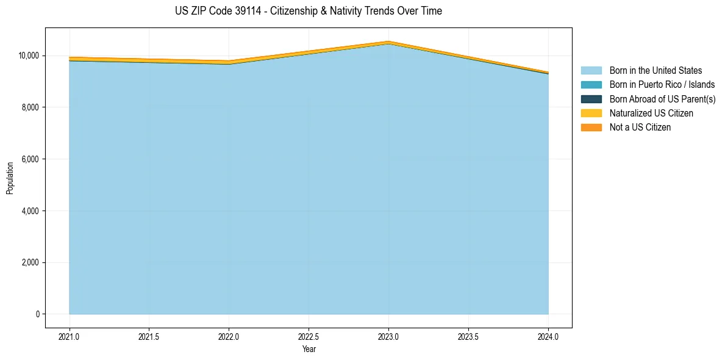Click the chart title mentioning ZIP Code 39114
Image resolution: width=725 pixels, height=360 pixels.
point(308,11)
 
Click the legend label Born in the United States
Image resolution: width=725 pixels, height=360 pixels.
point(655,71)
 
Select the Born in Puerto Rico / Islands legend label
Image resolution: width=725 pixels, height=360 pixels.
point(662,85)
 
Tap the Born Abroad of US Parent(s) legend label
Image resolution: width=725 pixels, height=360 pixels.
point(662,99)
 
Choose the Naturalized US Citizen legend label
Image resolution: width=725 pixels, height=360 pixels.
point(651,113)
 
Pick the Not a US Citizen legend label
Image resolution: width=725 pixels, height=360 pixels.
point(640,128)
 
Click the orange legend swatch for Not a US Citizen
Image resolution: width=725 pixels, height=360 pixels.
point(591,128)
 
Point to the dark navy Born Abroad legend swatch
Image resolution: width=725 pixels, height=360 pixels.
point(591,99)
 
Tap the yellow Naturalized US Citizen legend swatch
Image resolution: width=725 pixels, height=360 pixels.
point(591,113)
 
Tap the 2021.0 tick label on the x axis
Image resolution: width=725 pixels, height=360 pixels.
point(70,336)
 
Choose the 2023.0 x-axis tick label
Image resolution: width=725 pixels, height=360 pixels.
point(388,336)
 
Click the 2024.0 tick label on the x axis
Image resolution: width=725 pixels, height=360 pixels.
point(548,336)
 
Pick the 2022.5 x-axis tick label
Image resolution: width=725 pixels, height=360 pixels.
point(309,336)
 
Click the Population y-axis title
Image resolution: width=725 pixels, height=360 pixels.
point(10,178)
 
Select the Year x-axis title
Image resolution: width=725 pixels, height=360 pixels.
point(309,349)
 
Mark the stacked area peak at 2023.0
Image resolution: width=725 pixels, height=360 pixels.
point(388,42)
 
